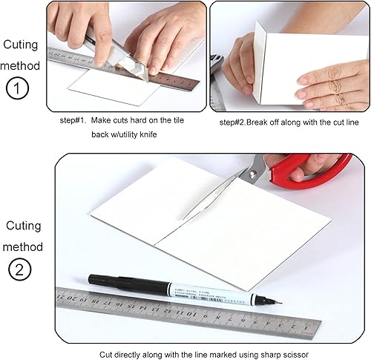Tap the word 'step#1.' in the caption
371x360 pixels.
pyautogui.click(x=73, y=120)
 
